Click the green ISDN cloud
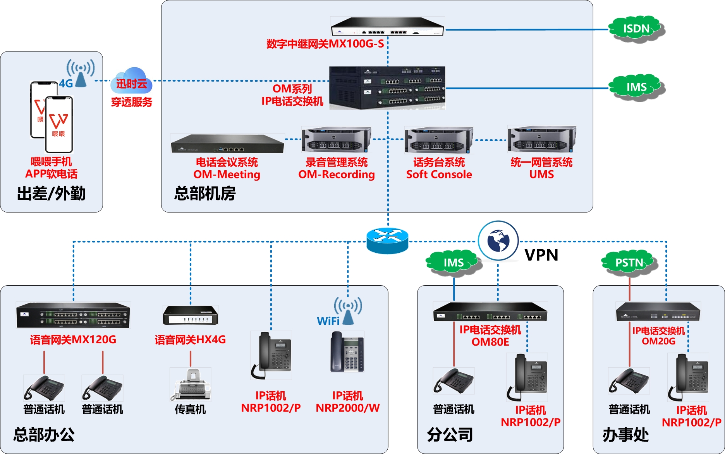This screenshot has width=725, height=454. [636, 29]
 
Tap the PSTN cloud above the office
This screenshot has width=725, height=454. [629, 263]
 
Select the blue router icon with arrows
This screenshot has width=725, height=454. [387, 240]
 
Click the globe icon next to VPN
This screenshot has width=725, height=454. [498, 240]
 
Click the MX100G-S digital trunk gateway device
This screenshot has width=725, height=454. [387, 26]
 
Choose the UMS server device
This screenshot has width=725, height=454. [542, 139]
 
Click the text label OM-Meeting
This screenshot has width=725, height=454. [227, 175]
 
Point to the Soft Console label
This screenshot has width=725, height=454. [439, 175]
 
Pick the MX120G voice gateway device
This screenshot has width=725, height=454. [73, 315]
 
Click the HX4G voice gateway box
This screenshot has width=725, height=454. [191, 315]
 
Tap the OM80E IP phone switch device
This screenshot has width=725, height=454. [490, 312]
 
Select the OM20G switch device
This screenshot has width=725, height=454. [658, 312]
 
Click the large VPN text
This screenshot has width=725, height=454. [541, 255]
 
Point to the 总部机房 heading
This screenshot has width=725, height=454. [205, 193]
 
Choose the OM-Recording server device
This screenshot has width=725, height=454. [336, 139]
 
